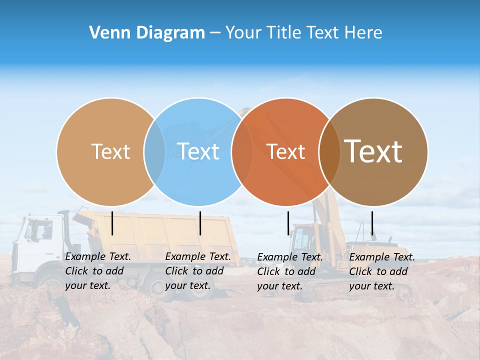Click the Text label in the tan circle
click(x=110, y=151)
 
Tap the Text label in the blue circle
click(x=198, y=151)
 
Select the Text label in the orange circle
click(x=285, y=151)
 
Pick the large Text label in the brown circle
click(x=373, y=151)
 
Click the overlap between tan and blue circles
click(x=154, y=151)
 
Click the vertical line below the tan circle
click(x=112, y=223)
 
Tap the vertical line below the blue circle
click(x=200, y=223)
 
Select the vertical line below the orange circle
click(x=288, y=223)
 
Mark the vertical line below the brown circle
click(x=372, y=223)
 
